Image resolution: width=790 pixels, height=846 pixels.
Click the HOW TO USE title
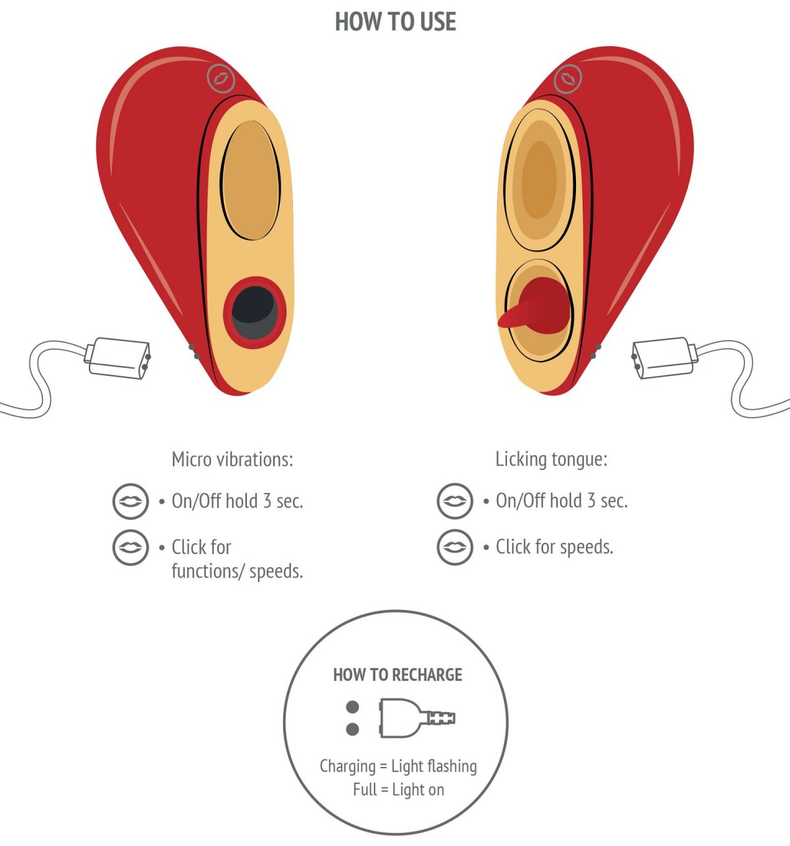pos(395,22)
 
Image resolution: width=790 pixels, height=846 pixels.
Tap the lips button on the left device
pos(221,78)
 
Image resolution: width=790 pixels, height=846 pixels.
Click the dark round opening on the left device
pos(253,312)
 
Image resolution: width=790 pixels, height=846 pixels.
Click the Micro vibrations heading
pos(232,459)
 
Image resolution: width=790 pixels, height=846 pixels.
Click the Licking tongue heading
pos(551,459)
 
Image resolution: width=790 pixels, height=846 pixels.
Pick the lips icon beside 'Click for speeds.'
pos(454,547)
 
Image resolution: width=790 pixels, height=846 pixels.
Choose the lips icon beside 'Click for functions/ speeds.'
pos(130,547)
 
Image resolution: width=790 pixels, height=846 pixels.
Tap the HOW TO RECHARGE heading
pos(398,675)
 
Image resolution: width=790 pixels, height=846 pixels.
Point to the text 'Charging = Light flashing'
pos(398,766)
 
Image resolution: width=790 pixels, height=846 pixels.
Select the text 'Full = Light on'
pos(398,789)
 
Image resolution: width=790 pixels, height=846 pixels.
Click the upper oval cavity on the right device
pos(539,179)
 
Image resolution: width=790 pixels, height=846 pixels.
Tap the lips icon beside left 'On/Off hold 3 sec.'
pos(130,501)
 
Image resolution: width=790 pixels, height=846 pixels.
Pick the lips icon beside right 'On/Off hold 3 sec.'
pos(454,501)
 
